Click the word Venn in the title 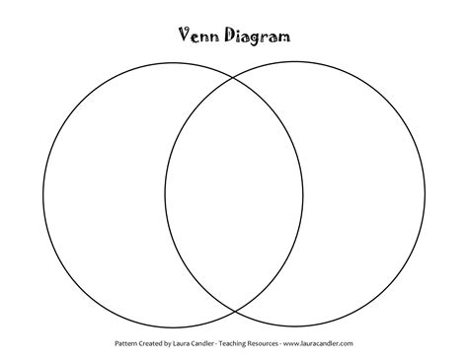196,36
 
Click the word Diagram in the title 257,36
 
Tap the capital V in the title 184,36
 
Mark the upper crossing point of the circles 234,77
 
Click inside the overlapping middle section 234,193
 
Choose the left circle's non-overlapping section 104,193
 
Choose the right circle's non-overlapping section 365,193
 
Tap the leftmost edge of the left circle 42,193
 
